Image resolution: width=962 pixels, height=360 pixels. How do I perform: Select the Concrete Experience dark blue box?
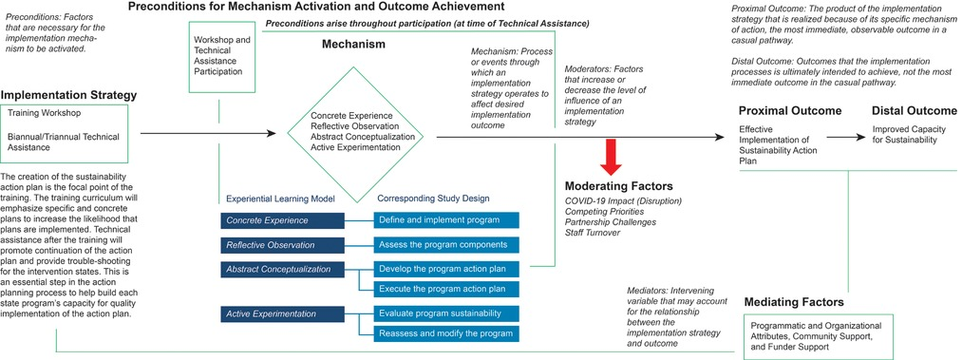click(x=283, y=220)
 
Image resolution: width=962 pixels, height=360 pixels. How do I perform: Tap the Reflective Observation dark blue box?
click(x=283, y=245)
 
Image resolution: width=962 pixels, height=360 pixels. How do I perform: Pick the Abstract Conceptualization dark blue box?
click(x=283, y=269)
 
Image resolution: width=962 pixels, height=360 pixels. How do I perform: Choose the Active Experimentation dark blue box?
click(x=283, y=314)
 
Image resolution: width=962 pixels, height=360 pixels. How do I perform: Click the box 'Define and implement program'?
click(x=446, y=220)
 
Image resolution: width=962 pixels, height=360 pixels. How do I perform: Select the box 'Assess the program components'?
click(x=446, y=245)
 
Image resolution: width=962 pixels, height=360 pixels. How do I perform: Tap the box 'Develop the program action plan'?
click(x=446, y=269)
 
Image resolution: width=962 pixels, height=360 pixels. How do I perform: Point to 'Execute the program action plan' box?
click(x=446, y=289)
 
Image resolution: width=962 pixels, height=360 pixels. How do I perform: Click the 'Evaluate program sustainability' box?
click(x=446, y=313)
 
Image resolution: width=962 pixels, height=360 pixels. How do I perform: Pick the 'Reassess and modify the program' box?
click(x=446, y=333)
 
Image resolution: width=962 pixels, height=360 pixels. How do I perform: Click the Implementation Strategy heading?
click(x=68, y=96)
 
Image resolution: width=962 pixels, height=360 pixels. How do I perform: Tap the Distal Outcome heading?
click(x=915, y=111)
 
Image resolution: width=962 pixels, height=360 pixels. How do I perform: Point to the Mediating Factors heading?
click(x=793, y=302)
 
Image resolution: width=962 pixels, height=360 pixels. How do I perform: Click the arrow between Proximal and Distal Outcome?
click(x=845, y=138)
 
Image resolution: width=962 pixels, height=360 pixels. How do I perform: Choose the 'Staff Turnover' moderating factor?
click(x=592, y=233)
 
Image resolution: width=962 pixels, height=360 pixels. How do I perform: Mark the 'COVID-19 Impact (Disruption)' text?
click(x=623, y=201)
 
